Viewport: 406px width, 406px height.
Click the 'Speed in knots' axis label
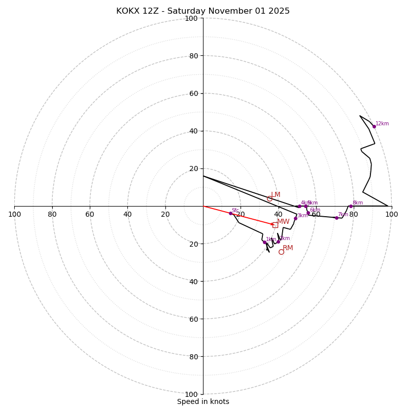tap(203, 401)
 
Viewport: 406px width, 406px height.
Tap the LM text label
tap(276, 195)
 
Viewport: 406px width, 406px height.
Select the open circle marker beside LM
tap(269, 198)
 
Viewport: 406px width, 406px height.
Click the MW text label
tap(283, 222)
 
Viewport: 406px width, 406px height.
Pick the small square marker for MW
tap(275, 224)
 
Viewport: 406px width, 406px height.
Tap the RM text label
tap(288, 248)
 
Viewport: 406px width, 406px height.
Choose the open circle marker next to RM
tap(281, 252)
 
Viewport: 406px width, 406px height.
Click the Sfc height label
tap(235, 210)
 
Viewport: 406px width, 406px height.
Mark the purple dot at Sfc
tap(230, 213)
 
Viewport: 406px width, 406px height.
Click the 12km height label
tap(382, 124)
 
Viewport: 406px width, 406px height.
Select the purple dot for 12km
tap(374, 126)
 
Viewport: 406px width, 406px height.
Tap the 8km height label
tap(357, 203)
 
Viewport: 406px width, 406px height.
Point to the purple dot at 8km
tap(351, 206)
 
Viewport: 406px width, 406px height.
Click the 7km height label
tap(343, 215)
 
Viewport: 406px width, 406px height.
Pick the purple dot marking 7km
tap(336, 218)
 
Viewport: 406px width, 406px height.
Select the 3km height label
tap(302, 216)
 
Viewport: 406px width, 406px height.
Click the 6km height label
tap(315, 210)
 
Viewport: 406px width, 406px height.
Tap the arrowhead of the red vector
tap(273, 223)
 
